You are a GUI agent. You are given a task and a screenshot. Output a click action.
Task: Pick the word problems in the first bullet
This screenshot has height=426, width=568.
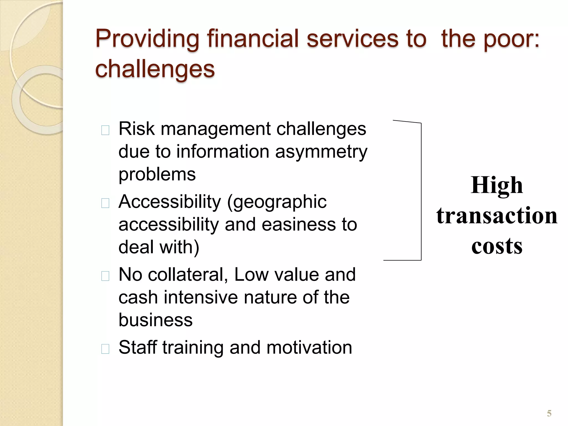click(157, 175)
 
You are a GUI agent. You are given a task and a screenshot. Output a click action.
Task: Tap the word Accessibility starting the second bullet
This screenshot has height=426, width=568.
click(170, 202)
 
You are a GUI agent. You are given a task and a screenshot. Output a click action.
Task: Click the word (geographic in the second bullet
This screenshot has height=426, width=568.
click(277, 202)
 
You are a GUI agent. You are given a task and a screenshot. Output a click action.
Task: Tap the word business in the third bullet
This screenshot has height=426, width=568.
click(155, 320)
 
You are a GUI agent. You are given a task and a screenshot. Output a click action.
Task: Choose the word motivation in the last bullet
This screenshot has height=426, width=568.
click(309, 348)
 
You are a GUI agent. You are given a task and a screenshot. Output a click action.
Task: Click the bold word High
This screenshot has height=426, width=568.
click(497, 186)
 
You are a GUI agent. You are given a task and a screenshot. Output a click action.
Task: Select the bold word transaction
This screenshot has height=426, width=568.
click(497, 216)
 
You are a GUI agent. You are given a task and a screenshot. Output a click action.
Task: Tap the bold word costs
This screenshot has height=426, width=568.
click(497, 246)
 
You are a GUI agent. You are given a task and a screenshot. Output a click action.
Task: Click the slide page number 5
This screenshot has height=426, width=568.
click(549, 414)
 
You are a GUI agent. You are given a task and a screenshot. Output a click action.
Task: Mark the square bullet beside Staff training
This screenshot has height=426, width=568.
click(105, 349)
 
